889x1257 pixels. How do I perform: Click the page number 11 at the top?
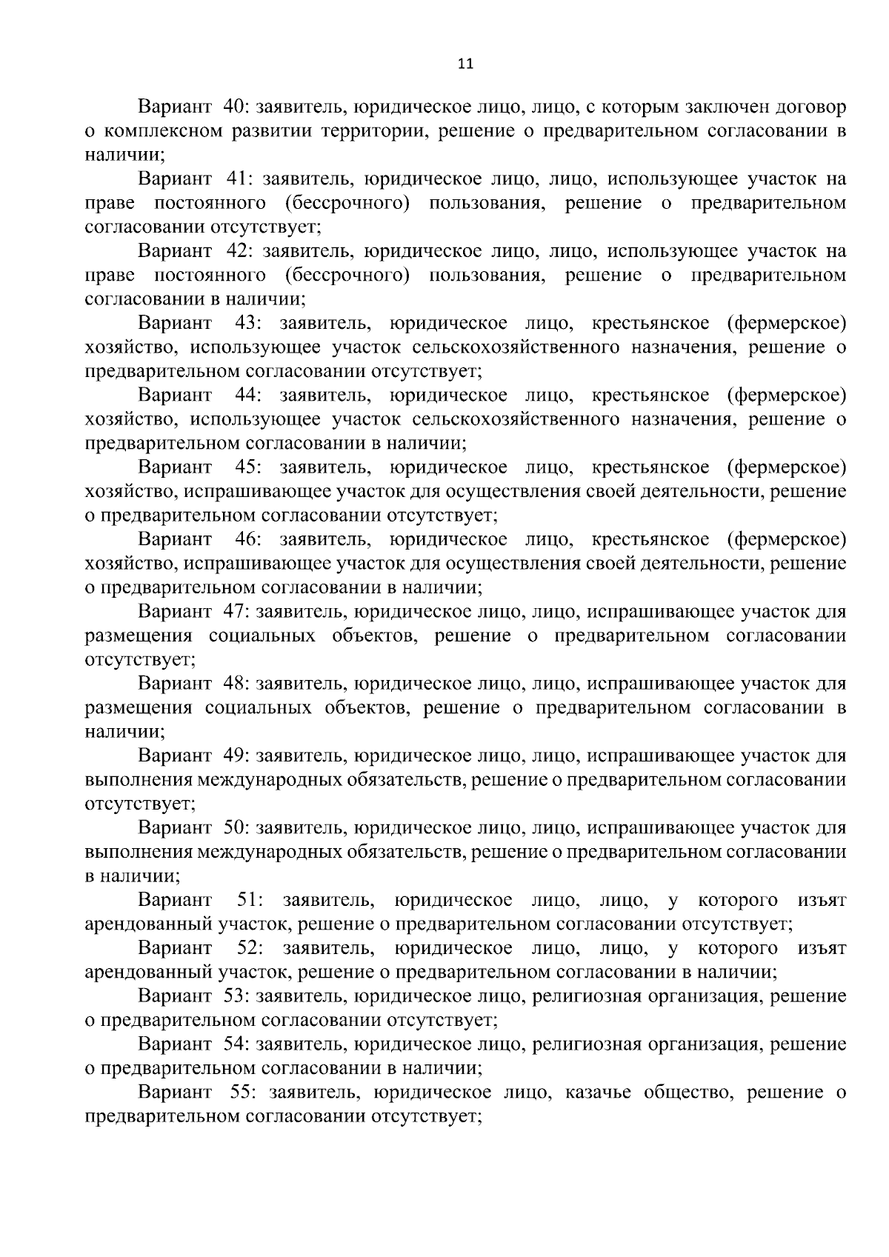[x=465, y=64]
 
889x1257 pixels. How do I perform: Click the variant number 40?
[x=235, y=107]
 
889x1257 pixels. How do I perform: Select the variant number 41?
[x=235, y=179]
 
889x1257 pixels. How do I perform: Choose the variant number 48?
[x=235, y=683]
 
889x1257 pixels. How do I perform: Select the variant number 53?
[x=235, y=996]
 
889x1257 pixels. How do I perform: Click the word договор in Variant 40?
[x=810, y=107]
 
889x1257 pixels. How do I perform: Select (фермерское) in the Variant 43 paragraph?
[x=787, y=323]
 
